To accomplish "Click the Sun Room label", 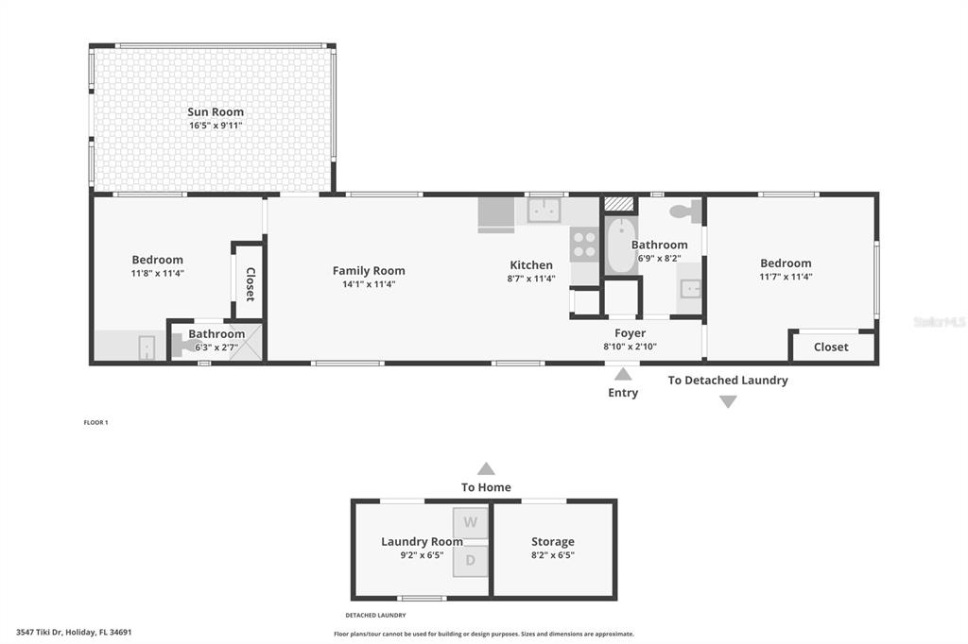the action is click(216, 111).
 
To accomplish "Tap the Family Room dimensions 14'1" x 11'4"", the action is click(369, 284).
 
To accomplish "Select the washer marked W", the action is click(471, 522).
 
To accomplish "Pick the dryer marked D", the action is click(471, 561).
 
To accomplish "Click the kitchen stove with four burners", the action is click(584, 245).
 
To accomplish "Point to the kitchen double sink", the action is click(544, 211).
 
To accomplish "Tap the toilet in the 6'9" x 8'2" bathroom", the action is click(686, 211).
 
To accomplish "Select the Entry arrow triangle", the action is click(623, 374).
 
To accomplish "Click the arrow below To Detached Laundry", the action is click(729, 401).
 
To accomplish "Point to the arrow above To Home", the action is click(486, 468).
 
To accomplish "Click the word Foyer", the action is click(630, 333).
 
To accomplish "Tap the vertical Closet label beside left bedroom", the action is click(251, 284).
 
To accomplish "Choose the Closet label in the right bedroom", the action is click(831, 347).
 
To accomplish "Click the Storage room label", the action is click(552, 542).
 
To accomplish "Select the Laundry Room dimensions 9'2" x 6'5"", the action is click(422, 555).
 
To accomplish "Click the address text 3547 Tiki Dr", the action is click(40, 632).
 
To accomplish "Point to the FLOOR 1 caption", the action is click(95, 422).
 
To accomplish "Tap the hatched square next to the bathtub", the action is click(619, 204).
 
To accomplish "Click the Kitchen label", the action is click(531, 265).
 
